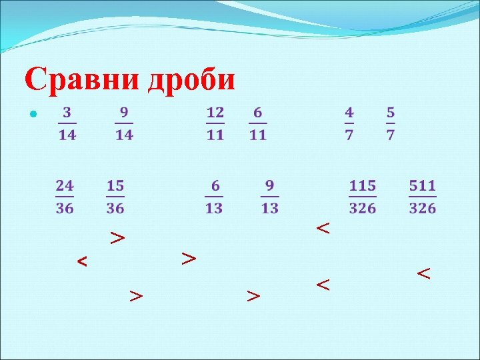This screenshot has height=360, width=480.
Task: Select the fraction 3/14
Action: click(x=67, y=123)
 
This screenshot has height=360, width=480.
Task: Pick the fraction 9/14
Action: click(x=124, y=123)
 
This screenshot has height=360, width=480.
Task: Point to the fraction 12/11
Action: click(x=215, y=123)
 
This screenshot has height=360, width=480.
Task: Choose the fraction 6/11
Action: click(x=258, y=123)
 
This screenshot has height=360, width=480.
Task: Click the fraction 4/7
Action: click(x=349, y=123)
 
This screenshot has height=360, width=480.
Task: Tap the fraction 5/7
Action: click(x=390, y=123)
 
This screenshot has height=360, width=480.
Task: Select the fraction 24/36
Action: click(x=65, y=196)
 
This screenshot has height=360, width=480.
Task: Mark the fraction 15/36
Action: click(x=115, y=196)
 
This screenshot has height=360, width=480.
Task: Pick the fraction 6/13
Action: click(x=213, y=196)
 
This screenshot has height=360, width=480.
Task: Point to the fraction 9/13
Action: click(x=269, y=196)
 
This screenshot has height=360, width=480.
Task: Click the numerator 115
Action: click(x=363, y=185)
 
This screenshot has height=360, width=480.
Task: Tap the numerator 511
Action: click(x=423, y=185)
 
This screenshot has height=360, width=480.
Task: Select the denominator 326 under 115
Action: click(x=363, y=208)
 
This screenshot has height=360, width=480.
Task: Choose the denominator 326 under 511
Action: click(x=423, y=208)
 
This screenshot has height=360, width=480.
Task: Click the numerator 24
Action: click(x=65, y=185)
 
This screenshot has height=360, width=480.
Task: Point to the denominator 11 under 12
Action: click(x=215, y=135)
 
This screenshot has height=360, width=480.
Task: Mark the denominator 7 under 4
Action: click(x=349, y=135)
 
